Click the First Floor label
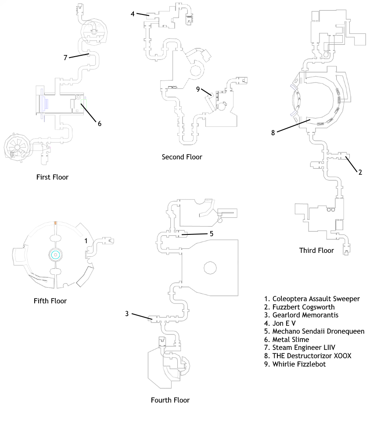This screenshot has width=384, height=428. coord(52,177)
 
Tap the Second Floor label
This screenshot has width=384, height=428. coord(182,157)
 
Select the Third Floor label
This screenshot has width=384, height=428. coord(316,251)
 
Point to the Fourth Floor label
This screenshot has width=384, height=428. coord(170,400)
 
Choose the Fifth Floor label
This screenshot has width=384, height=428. coord(50,301)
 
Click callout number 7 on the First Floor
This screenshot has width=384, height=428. coord(65,58)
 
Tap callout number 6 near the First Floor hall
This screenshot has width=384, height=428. coord(100,124)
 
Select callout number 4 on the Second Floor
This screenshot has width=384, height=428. coord(133,14)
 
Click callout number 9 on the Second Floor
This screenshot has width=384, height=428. coord(198,89)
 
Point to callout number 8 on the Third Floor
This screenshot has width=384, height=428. coord(273,133)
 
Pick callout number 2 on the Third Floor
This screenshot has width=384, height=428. coord(360,172)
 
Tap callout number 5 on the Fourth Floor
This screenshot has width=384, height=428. coord(212,234)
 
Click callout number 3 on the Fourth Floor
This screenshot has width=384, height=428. coord(127,314)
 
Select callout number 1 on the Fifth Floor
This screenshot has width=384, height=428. coord(86,241)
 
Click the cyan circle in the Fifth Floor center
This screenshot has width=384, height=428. coord(56,255)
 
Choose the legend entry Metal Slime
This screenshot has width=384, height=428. coord(287,340)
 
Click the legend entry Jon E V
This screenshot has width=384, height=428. coord(280,324)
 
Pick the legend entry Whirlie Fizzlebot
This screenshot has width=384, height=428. coord(295,364)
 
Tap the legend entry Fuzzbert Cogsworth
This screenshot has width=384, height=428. coord(299,307)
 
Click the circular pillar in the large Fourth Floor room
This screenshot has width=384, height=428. coord(210,268)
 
